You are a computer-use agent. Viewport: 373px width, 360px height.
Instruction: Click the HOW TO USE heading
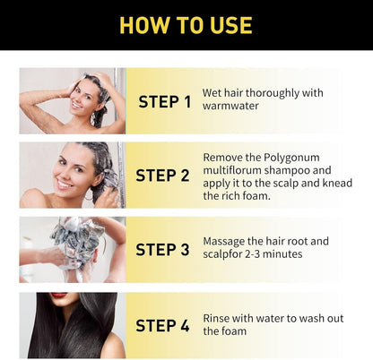pyautogui.click(x=186, y=25)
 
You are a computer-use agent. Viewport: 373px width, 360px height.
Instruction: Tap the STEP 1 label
pyautogui.click(x=165, y=102)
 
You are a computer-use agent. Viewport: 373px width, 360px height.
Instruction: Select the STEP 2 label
pyautogui.click(x=162, y=176)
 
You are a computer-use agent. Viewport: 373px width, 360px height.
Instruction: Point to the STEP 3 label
pyautogui.click(x=162, y=250)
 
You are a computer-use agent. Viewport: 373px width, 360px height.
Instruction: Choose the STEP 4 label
pyautogui.click(x=162, y=325)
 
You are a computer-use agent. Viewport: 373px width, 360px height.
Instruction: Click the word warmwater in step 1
pyautogui.click(x=230, y=106)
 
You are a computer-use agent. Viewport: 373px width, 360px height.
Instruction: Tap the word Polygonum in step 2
pyautogui.click(x=291, y=158)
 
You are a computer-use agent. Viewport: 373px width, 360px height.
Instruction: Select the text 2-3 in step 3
pyautogui.click(x=252, y=254)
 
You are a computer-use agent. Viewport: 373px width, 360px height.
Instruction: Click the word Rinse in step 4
pyautogui.click(x=216, y=318)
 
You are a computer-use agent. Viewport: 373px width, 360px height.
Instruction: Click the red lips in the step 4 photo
pyautogui.click(x=59, y=295)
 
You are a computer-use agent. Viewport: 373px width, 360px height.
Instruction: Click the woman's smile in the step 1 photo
pyautogui.click(x=76, y=105)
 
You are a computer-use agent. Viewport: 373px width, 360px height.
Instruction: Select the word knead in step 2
pyautogui.click(x=337, y=183)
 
